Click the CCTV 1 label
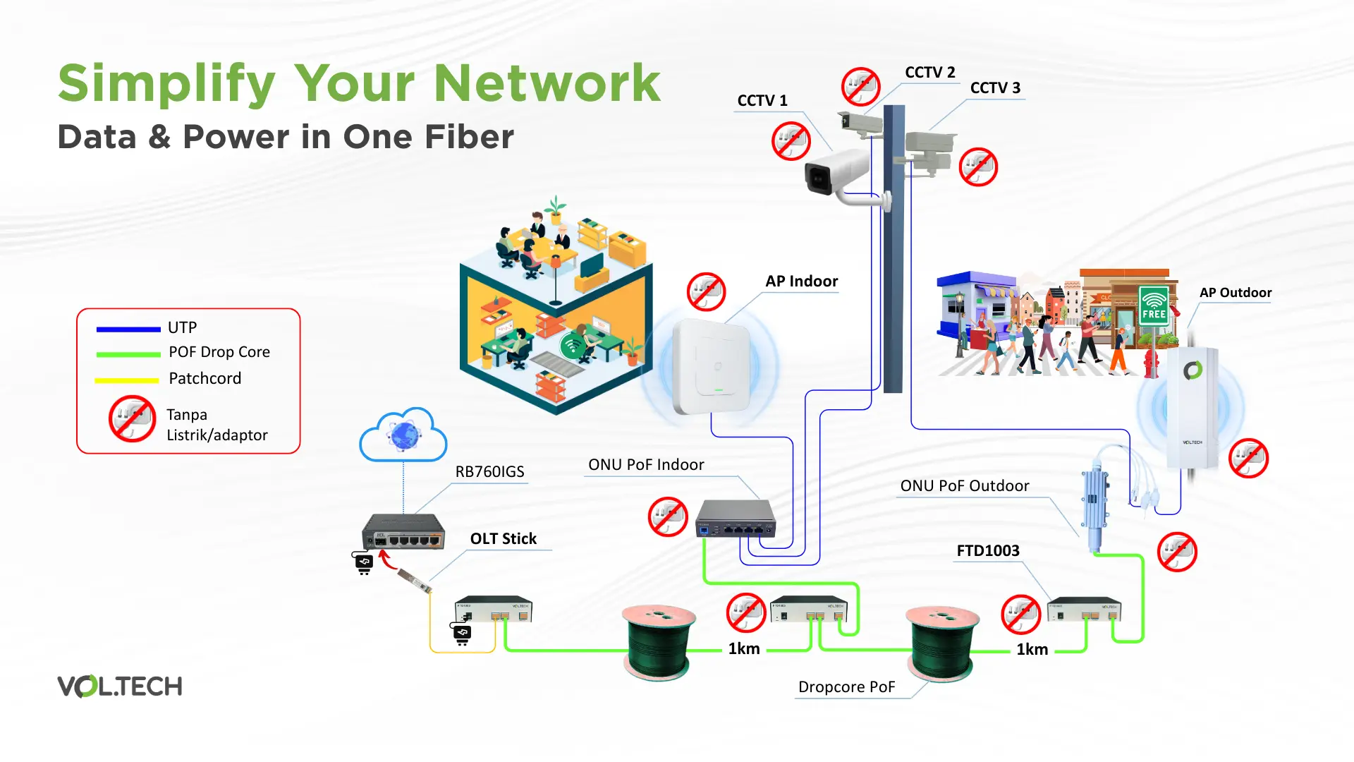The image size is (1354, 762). click(762, 101)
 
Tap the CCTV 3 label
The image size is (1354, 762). click(995, 88)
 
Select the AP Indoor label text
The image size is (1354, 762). click(801, 282)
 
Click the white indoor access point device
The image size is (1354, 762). click(712, 367)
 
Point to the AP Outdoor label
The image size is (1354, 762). click(1235, 293)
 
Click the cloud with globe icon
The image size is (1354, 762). click(403, 435)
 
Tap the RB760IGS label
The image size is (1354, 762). click(489, 472)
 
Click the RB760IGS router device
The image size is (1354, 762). click(403, 533)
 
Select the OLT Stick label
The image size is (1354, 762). click(503, 539)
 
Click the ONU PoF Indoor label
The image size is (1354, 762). click(646, 465)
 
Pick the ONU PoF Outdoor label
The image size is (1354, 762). click(964, 486)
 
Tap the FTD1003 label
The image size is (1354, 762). click(987, 551)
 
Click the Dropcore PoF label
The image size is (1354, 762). click(846, 687)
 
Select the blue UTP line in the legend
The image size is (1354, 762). click(128, 329)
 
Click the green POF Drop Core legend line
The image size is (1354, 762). click(128, 354)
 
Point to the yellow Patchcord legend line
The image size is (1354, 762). click(127, 380)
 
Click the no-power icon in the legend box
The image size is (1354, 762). click(132, 419)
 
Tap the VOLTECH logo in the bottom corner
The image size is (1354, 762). click(120, 686)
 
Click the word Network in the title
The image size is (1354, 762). click(547, 83)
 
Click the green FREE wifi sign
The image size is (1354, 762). click(1154, 306)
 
